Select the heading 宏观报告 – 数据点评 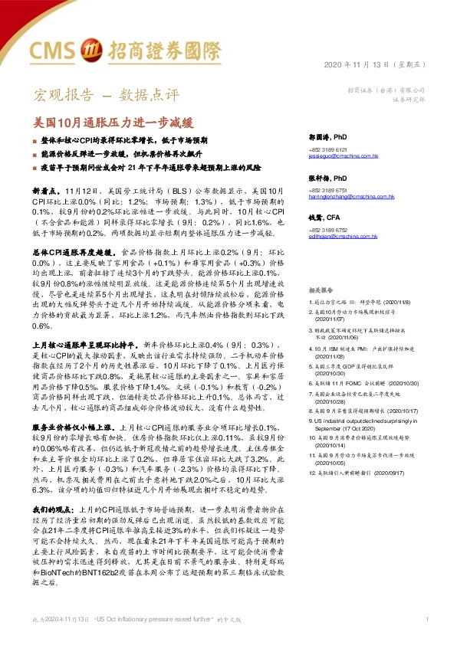pyautogui.click(x=106, y=96)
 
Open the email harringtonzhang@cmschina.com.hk pyautogui.click(x=351, y=196)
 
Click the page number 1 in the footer pyautogui.click(x=426, y=619)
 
